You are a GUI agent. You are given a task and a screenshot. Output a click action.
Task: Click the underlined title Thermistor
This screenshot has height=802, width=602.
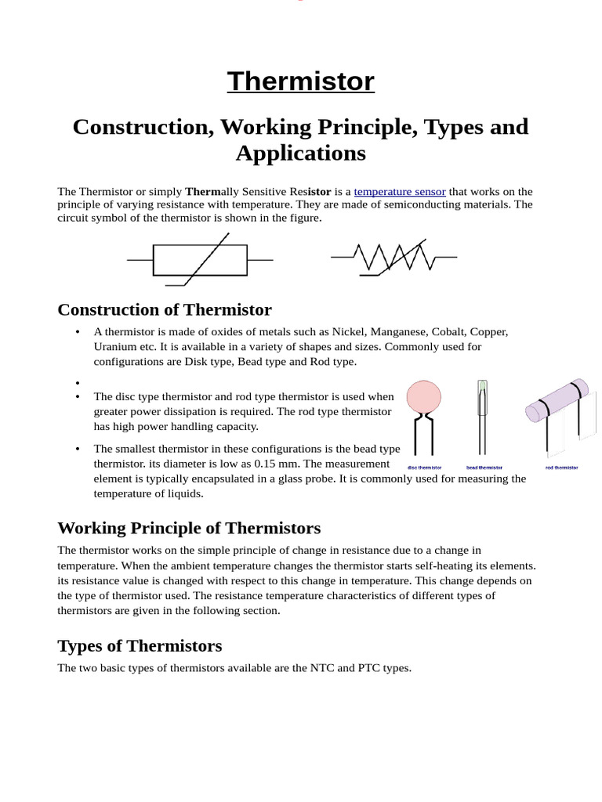click(301, 81)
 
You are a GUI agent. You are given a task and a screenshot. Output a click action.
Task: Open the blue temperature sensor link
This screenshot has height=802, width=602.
click(400, 191)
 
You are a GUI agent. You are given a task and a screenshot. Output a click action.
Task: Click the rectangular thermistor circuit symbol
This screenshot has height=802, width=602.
click(200, 259)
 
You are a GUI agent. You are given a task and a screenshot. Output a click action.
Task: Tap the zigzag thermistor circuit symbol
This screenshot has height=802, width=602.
click(393, 257)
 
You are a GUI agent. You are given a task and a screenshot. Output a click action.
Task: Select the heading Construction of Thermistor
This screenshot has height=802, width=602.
click(165, 309)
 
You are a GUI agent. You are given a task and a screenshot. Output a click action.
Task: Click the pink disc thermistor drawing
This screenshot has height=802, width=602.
click(424, 398)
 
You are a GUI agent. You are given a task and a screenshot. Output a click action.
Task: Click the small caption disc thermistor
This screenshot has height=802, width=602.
click(425, 468)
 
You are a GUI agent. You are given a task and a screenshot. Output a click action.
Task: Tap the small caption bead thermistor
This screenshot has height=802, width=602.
click(484, 468)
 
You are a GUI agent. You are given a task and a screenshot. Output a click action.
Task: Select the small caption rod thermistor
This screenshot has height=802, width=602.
click(562, 468)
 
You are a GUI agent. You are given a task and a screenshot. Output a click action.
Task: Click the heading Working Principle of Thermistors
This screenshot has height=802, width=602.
click(189, 528)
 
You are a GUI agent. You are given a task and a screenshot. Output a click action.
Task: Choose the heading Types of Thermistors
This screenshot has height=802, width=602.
click(140, 646)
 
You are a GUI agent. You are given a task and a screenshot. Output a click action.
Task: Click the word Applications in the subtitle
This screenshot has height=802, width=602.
click(301, 153)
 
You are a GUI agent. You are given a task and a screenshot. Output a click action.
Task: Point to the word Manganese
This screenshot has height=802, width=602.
click(399, 331)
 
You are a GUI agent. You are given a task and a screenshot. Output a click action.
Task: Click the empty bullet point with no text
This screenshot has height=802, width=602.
click(78, 382)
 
